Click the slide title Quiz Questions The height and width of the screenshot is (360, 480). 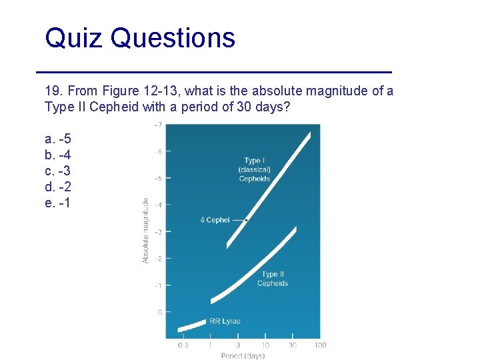click(x=140, y=38)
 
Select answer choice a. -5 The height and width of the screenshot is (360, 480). click(x=58, y=139)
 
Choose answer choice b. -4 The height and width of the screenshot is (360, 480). click(x=58, y=155)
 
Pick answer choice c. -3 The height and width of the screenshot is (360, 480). click(x=58, y=171)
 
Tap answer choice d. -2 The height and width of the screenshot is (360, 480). click(x=58, y=187)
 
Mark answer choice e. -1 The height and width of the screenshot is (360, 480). click(x=58, y=203)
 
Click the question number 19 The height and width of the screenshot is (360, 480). click(x=53, y=91)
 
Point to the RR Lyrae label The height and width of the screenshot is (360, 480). click(x=225, y=321)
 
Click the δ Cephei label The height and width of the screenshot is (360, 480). click(x=215, y=220)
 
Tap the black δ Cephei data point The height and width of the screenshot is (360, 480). click(x=247, y=220)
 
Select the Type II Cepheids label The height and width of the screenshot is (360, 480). click(x=272, y=279)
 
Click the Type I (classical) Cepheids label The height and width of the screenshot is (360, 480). click(x=253, y=169)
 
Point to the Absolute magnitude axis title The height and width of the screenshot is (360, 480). click(x=146, y=230)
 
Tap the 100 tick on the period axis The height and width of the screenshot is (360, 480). click(x=320, y=345)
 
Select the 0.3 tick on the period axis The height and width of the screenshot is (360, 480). click(x=183, y=345)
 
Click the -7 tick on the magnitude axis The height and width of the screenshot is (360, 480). click(x=157, y=125)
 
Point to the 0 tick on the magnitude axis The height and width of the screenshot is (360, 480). click(x=159, y=312)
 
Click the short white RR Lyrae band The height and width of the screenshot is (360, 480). click(x=193, y=325)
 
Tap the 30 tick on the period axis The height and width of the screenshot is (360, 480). click(x=293, y=345)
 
